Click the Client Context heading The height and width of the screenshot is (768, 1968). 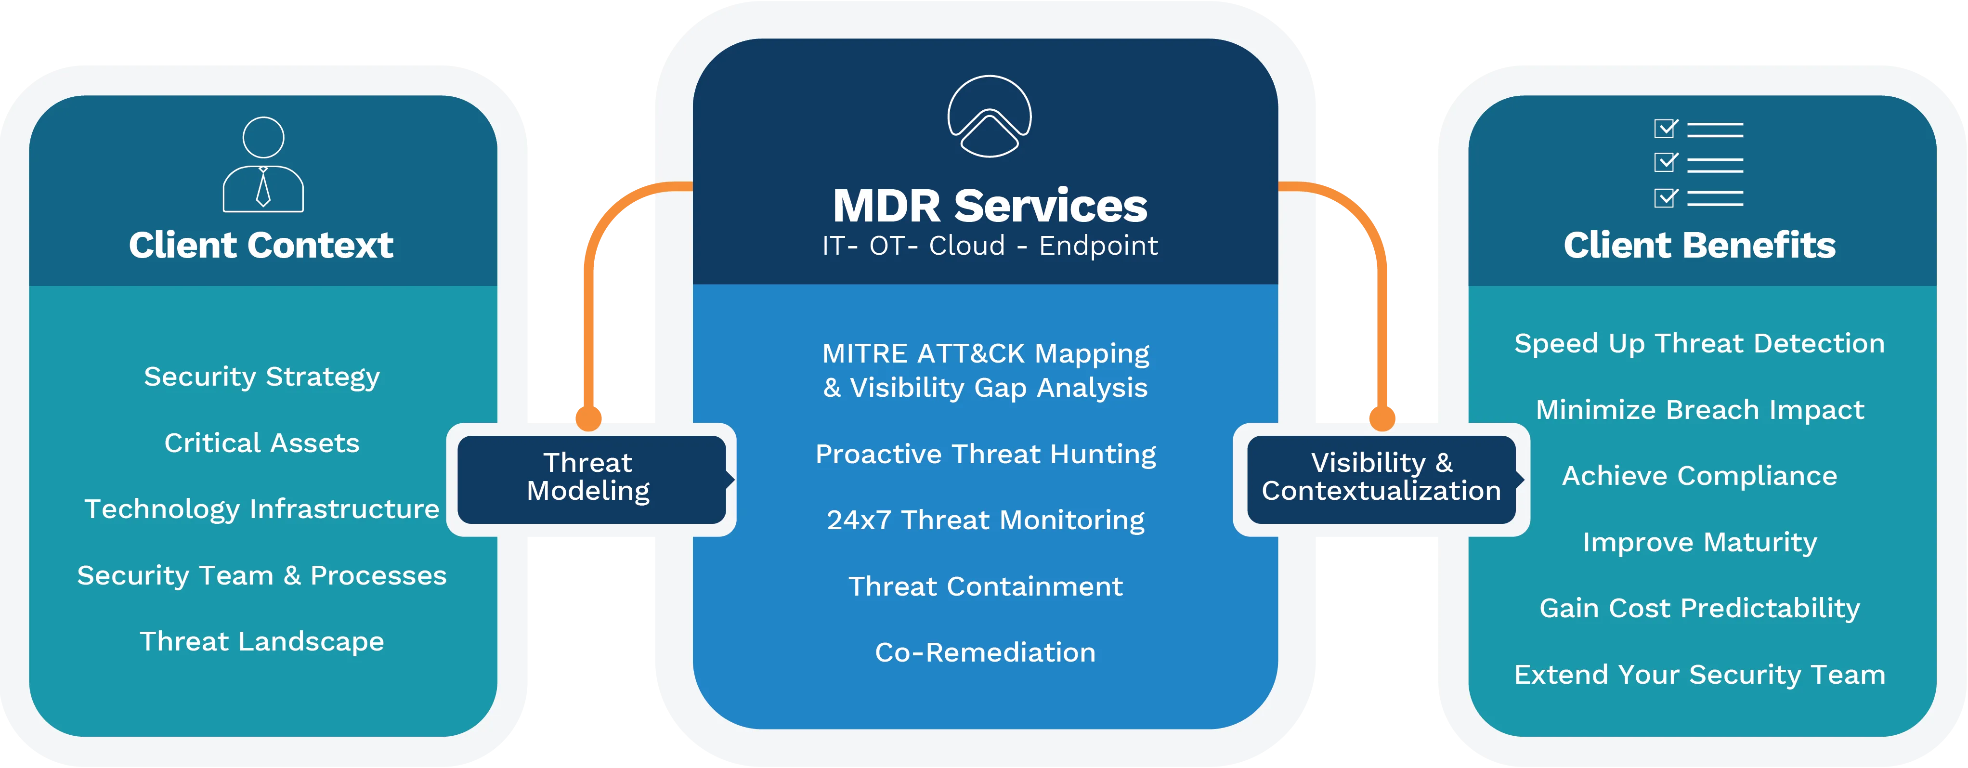coord(261,245)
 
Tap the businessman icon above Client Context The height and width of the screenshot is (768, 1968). coord(263,164)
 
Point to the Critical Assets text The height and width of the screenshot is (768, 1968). coord(262,443)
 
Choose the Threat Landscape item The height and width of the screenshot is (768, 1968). coord(262,642)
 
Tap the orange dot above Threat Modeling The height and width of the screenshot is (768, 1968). coord(588,418)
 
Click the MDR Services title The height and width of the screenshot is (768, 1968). coord(990,206)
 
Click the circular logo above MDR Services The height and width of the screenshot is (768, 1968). coord(990,116)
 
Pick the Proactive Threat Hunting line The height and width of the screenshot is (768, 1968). coord(986,455)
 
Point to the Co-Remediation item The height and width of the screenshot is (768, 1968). coord(986,652)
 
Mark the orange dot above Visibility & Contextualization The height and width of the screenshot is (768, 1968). coord(1382,418)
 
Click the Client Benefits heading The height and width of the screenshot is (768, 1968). coord(1700,245)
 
